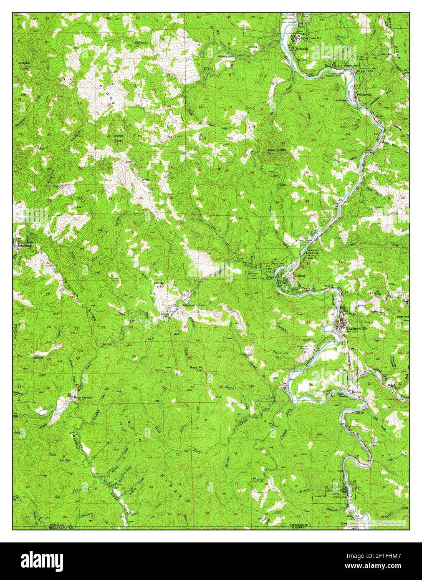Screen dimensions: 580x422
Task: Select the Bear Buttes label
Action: click(x=276, y=149)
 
